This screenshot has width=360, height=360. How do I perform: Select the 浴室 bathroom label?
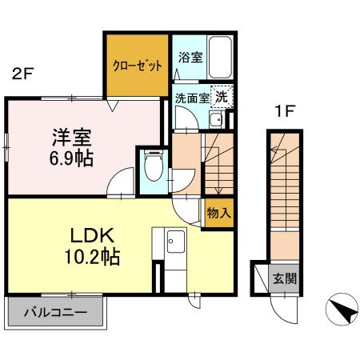[x=190, y=58]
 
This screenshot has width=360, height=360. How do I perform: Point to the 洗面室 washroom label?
[x=192, y=98]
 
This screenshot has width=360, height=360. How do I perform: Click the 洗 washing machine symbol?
[x=220, y=94]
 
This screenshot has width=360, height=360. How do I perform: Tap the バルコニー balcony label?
[x=55, y=312]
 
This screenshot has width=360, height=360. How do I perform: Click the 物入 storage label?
[x=218, y=213]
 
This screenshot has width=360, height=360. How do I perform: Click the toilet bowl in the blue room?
[x=153, y=169]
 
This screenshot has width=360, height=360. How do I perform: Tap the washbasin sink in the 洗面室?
[x=215, y=121]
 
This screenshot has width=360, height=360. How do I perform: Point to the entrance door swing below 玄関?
[x=282, y=308]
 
